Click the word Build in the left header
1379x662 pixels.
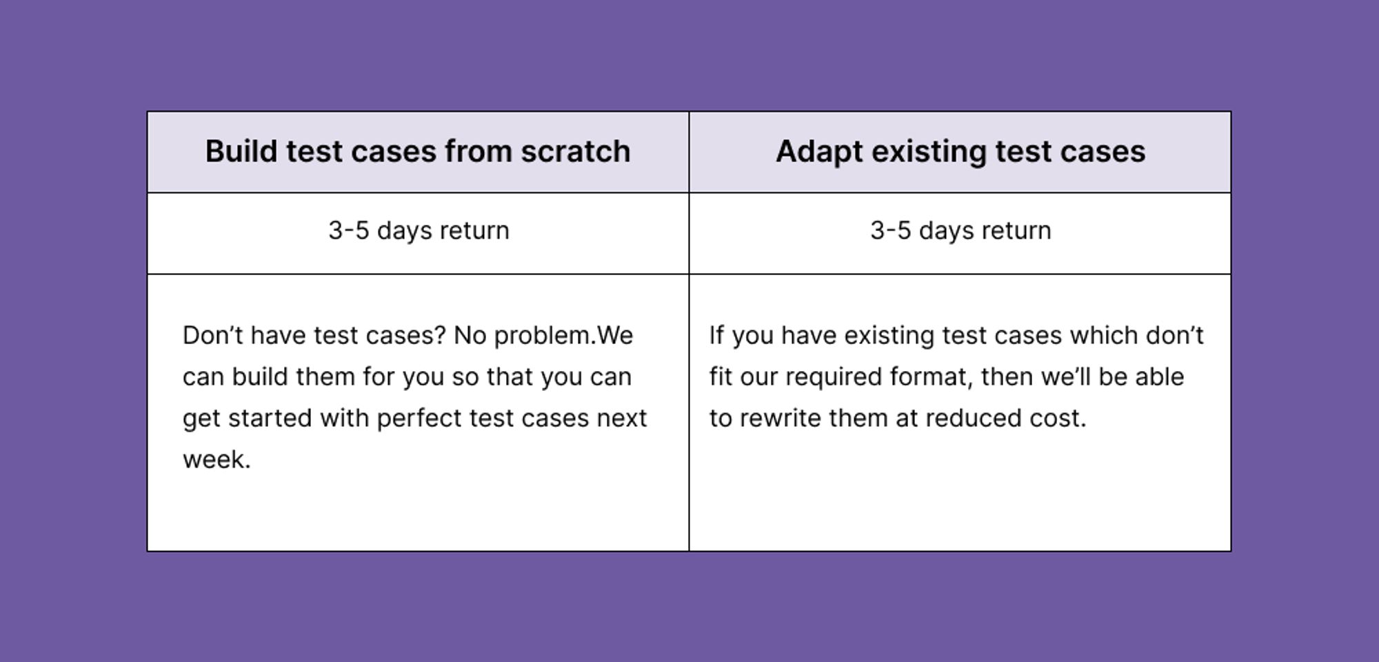pos(241,151)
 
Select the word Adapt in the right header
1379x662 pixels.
pos(818,152)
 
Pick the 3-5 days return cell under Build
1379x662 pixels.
pos(419,230)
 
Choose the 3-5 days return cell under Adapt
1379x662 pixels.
pos(960,230)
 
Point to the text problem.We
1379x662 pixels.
pos(563,335)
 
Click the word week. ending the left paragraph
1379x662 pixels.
pos(217,459)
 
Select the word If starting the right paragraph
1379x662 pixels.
pos(716,335)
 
